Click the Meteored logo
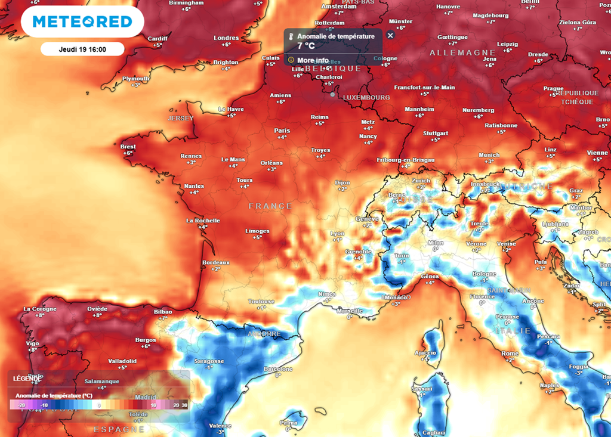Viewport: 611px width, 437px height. pos(82,22)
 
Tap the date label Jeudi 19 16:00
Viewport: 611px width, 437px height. pos(82,49)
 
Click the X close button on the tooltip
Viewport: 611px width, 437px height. pos(390,36)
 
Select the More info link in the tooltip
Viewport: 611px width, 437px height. pos(313,60)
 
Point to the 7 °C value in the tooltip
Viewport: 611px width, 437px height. pos(305,45)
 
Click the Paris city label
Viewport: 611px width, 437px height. pos(282,131)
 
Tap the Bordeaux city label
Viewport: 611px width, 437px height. pos(216,262)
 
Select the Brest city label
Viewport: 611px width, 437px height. pos(128,147)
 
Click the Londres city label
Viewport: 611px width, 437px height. pos(226,38)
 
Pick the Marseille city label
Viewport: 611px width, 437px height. pos(349,311)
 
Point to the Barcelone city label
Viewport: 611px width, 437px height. pos(277,369)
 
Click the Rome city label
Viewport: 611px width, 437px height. pos(510,354)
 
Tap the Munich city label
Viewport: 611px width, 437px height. pos(489,155)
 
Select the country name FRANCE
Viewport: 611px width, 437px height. pos(270,206)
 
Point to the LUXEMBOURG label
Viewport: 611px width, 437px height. pos(366,97)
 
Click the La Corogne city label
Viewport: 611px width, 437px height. pos(40,309)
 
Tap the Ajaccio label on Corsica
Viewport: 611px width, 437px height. pos(425,353)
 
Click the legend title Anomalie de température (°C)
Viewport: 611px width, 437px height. pos(54,395)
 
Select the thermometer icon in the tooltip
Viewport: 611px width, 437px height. pos(291,36)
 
